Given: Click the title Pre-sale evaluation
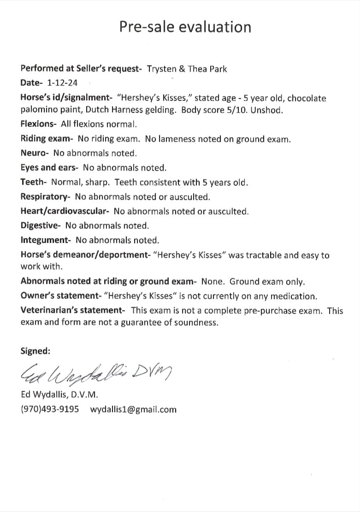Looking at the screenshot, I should pyautogui.click(x=185, y=27).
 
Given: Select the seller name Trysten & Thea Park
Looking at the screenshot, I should pyautogui.click(x=187, y=69).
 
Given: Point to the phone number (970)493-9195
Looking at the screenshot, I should pyautogui.click(x=50, y=409).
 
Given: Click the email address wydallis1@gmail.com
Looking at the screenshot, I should pyautogui.click(x=133, y=409).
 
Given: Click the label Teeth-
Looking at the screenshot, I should pyautogui.click(x=34, y=182).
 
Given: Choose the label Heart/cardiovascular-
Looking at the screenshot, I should pyautogui.click(x=65, y=211).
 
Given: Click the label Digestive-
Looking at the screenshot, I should pyautogui.click(x=41, y=226).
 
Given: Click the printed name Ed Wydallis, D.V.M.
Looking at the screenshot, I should pyautogui.click(x=59, y=395).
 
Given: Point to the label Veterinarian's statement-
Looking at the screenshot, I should pyautogui.click(x=73, y=310).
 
